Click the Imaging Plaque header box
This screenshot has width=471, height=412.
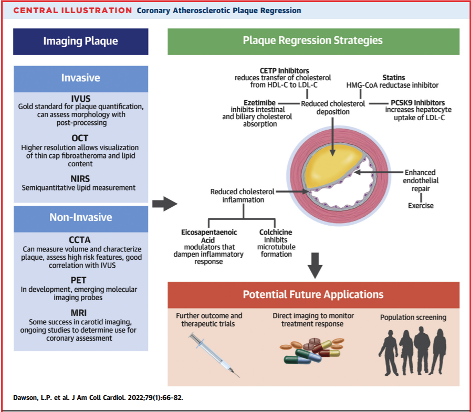(x=80, y=41)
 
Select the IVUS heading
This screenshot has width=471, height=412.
(x=80, y=99)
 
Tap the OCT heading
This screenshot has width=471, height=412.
(x=80, y=138)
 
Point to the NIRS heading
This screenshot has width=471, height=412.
(x=80, y=179)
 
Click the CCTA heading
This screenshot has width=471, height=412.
(x=80, y=240)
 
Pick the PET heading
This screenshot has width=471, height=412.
(x=78, y=280)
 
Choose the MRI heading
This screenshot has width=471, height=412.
(x=79, y=313)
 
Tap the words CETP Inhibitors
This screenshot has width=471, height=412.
(x=284, y=71)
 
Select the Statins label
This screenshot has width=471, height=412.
(x=393, y=78)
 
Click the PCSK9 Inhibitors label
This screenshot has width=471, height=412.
(x=418, y=103)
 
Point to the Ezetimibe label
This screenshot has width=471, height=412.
(x=259, y=103)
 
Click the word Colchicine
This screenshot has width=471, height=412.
(x=276, y=232)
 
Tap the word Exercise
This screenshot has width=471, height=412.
(x=421, y=206)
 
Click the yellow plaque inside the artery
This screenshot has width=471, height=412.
(x=332, y=166)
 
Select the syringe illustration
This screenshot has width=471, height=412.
(x=214, y=355)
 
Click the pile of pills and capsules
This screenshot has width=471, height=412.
(x=312, y=351)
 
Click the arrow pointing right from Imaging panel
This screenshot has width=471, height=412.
(x=164, y=204)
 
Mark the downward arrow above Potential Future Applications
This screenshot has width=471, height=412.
(x=315, y=266)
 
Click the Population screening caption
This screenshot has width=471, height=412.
(x=413, y=318)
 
